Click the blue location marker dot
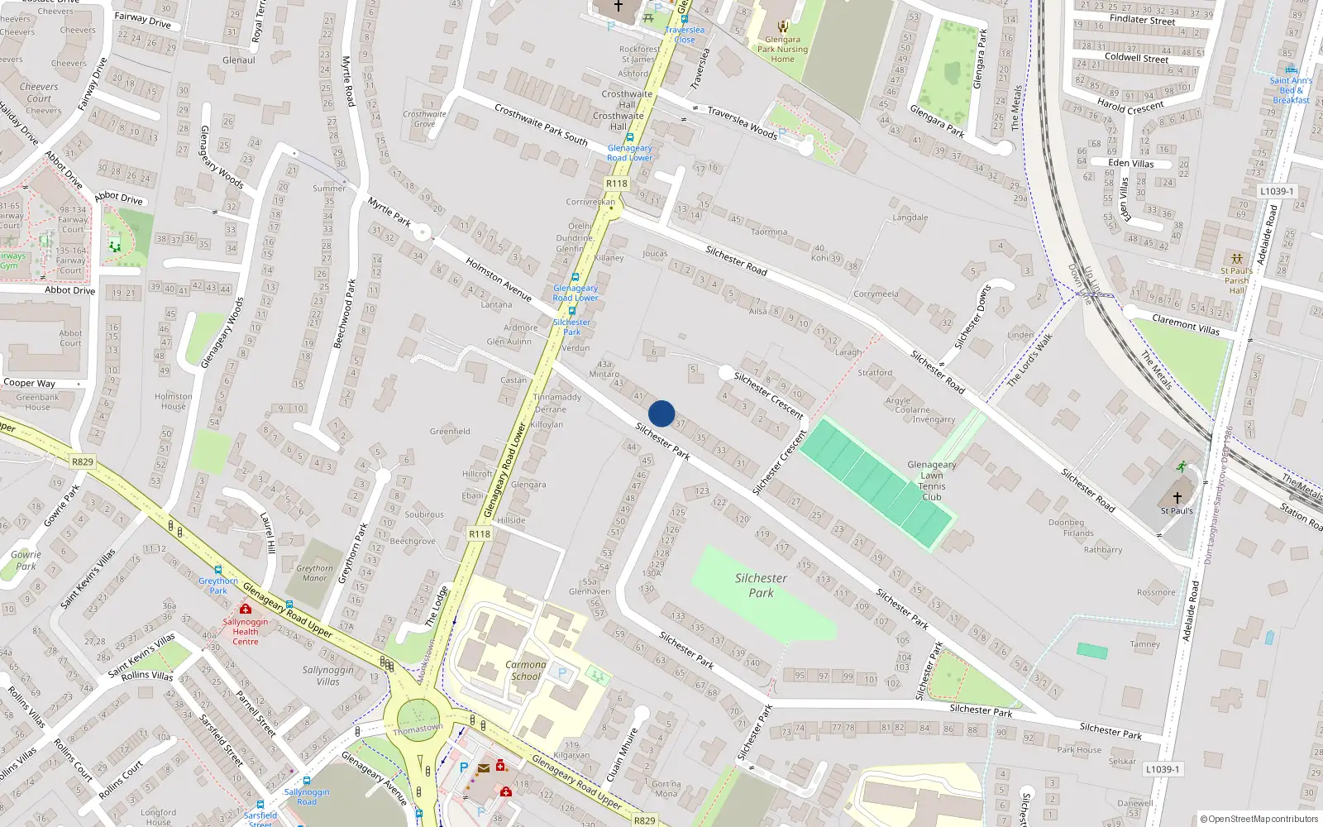click(x=661, y=413)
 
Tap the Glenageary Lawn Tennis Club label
click(x=932, y=480)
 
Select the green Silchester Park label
click(x=761, y=586)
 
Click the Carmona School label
click(x=526, y=670)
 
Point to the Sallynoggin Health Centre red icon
click(x=246, y=609)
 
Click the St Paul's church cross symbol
click(x=1177, y=498)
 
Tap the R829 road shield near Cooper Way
click(x=82, y=461)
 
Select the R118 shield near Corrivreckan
click(x=617, y=184)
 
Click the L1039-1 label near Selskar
click(x=1163, y=769)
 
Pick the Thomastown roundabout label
click(x=418, y=729)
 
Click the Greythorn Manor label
click(x=315, y=573)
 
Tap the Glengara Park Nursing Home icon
click(x=783, y=26)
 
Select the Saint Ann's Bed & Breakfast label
click(x=1291, y=90)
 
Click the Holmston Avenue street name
click(x=499, y=279)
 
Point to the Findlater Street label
click(x=1142, y=20)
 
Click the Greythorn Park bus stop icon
click(x=217, y=570)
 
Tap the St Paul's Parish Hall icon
click(x=1236, y=259)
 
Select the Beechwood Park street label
click(x=344, y=313)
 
